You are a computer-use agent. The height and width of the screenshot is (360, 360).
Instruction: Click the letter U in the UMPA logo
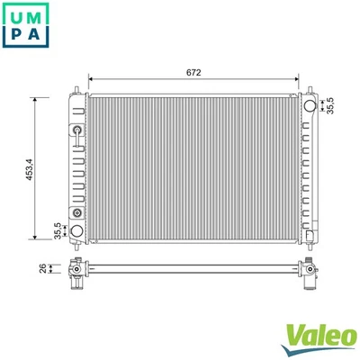18,18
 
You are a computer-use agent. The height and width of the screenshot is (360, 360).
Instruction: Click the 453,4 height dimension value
31,168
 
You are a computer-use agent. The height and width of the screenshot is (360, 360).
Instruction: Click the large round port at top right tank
310,106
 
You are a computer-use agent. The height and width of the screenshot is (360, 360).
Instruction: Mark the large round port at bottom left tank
78,231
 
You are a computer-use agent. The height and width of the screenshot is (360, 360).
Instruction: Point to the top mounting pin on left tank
77,88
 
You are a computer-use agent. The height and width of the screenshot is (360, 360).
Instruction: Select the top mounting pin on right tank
311,88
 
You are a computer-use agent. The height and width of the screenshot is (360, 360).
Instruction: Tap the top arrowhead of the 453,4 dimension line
36,98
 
